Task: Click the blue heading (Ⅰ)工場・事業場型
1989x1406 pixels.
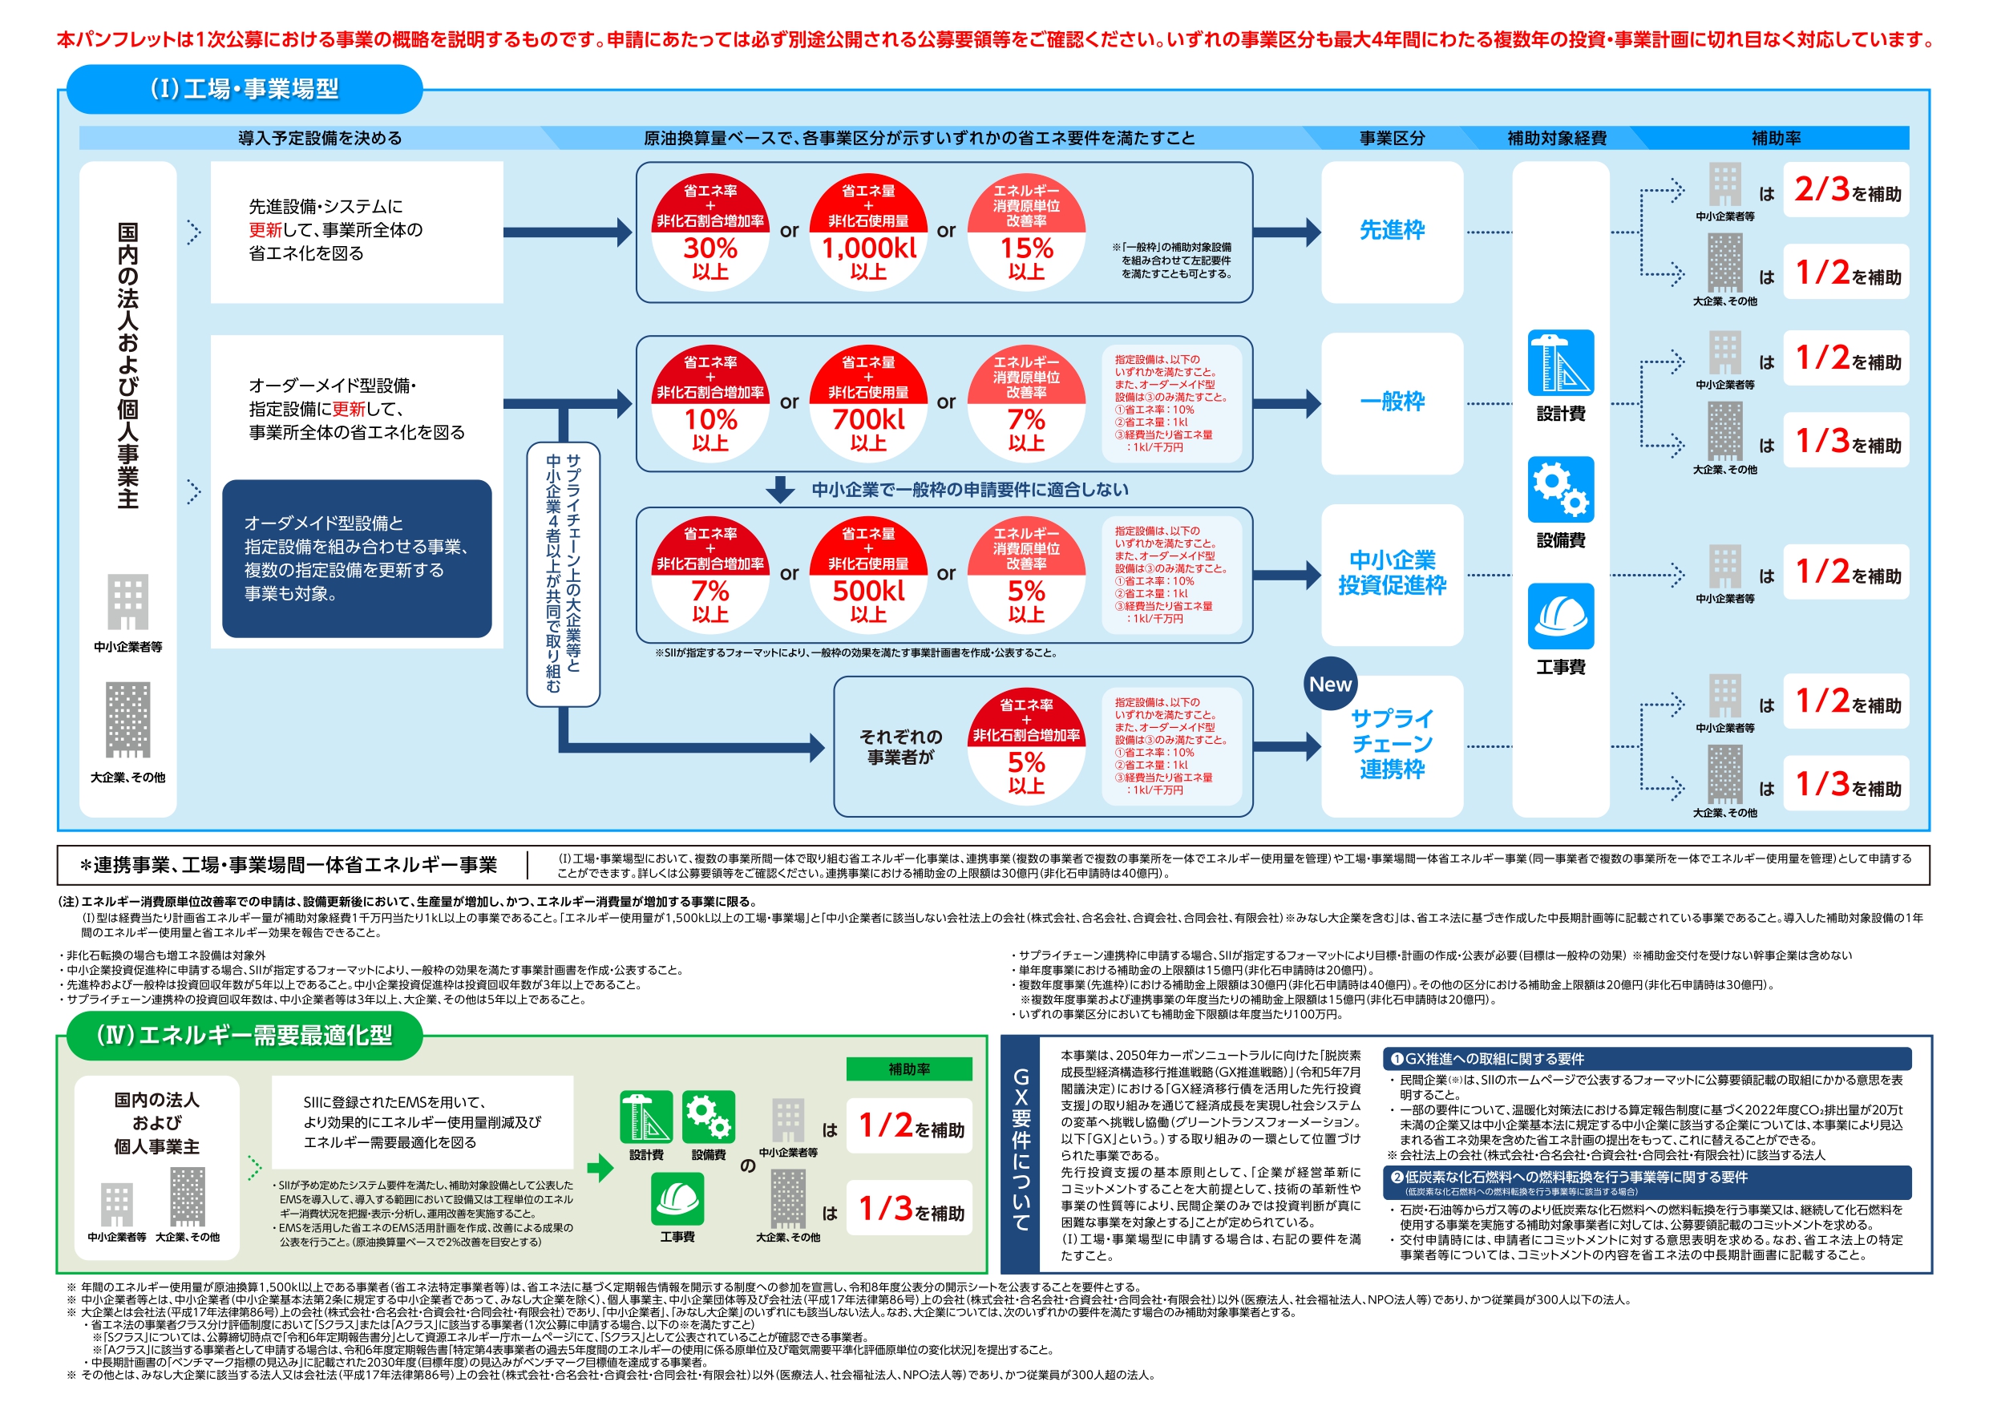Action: coord(245,89)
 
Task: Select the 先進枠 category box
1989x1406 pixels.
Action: coord(1391,232)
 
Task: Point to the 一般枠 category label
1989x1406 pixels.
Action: coord(1391,402)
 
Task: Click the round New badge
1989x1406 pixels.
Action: coord(1330,685)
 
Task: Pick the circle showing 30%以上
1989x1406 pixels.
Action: coord(710,232)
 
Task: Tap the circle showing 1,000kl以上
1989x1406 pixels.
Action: coord(868,232)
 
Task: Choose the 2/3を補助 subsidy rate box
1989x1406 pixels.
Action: coord(1846,190)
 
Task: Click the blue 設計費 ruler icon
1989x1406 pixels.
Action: coord(1560,363)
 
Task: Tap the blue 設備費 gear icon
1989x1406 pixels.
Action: coord(1560,490)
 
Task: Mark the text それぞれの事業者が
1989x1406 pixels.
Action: coord(900,747)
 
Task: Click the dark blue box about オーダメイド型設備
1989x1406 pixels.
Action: coord(357,559)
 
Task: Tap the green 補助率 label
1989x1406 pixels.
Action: coord(909,1069)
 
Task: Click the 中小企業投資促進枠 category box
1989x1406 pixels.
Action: coord(1391,573)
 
